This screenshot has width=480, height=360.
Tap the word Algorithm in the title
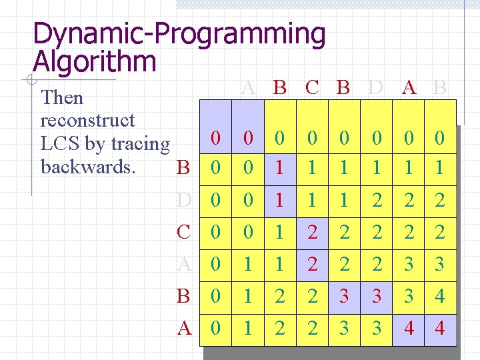click(x=94, y=62)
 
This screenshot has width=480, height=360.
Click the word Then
click(x=62, y=98)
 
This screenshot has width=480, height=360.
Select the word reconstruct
click(x=87, y=121)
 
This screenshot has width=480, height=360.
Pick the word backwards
click(x=88, y=166)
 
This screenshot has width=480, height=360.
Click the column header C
click(x=311, y=87)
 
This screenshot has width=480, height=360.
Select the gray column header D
click(x=376, y=87)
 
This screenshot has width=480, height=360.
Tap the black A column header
click(x=409, y=87)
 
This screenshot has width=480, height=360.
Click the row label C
click(x=184, y=233)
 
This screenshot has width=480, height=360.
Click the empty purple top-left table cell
click(x=215, y=113)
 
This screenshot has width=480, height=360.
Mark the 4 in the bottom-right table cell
click(x=440, y=329)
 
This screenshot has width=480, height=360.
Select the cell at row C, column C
click(x=312, y=233)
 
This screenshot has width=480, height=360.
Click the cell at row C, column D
click(x=377, y=233)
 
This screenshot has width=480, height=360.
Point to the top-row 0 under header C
click(x=312, y=139)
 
